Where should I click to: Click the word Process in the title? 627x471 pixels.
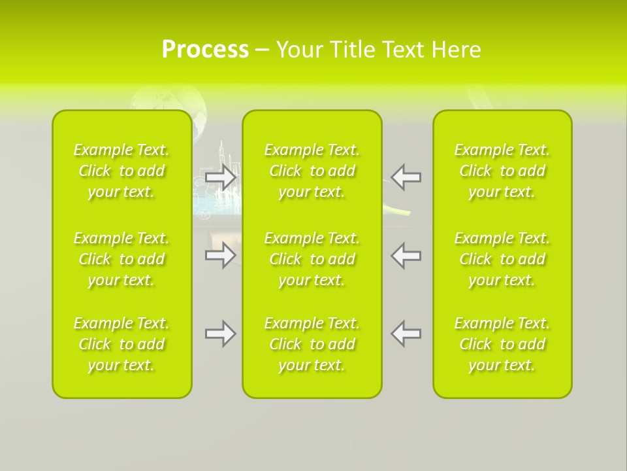[x=205, y=50]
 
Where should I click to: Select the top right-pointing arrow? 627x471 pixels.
[x=221, y=177]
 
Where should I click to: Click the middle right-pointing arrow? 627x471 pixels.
[x=221, y=255]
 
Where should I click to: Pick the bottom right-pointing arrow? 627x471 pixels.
[x=221, y=334]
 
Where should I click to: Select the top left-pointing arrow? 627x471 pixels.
[x=406, y=177]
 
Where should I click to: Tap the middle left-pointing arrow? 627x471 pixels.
[x=406, y=255]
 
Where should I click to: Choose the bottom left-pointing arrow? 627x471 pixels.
[x=406, y=334]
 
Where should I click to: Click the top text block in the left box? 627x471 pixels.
[x=121, y=171]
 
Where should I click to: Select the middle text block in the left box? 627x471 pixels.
[x=121, y=259]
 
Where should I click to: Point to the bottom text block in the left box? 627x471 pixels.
[x=121, y=344]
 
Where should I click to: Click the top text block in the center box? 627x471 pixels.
[x=312, y=171]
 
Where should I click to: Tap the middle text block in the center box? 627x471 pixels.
[x=312, y=259]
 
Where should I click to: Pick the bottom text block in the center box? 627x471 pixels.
[x=312, y=344]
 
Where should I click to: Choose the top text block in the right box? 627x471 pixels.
[x=502, y=171]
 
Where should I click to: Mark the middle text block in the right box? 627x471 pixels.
[x=502, y=259]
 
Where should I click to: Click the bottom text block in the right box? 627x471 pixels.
[x=502, y=344]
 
